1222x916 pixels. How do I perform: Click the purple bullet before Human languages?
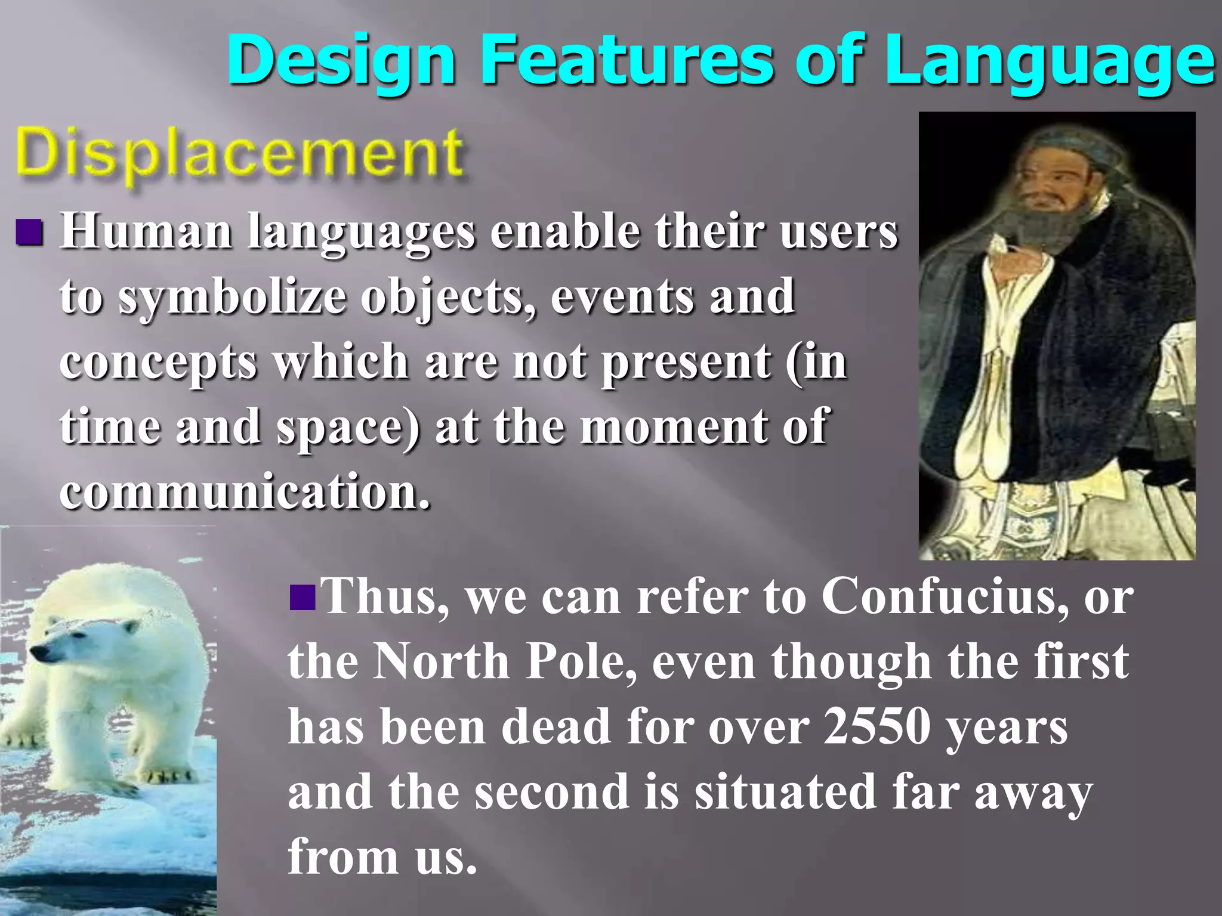[29, 232]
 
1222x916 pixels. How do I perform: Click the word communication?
[245, 491]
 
